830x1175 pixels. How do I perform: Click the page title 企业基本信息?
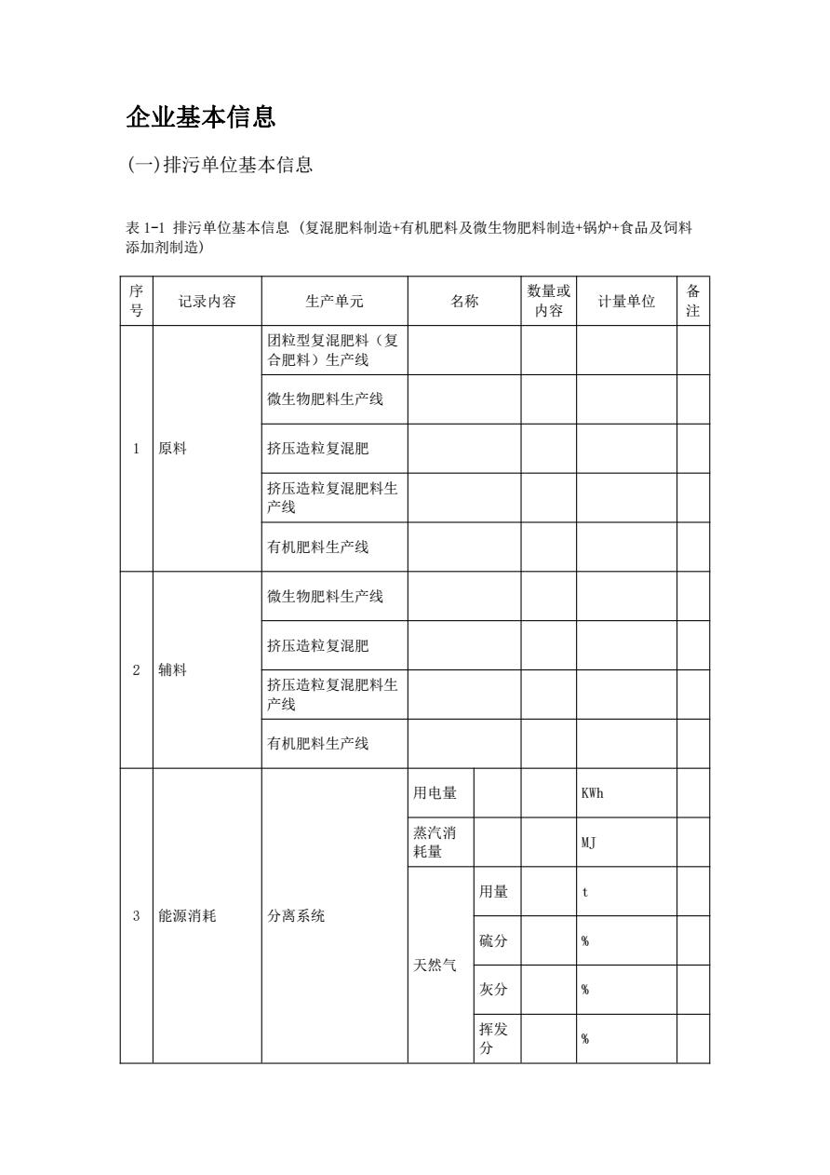tap(201, 117)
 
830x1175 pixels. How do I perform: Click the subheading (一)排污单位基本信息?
tap(220, 165)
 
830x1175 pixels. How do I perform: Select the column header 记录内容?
tap(207, 301)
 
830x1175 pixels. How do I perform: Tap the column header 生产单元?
tap(334, 301)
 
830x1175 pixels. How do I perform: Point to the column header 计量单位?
tap(626, 301)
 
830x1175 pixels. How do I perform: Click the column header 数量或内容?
tap(548, 301)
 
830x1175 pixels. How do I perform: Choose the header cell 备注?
tap(692, 301)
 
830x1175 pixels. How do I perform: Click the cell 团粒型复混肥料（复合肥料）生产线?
tap(332, 350)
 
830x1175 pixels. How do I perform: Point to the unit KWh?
tap(593, 793)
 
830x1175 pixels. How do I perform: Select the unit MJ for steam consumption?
tap(588, 843)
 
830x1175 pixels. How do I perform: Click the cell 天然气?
tap(435, 966)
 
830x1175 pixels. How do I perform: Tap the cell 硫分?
tap(493, 941)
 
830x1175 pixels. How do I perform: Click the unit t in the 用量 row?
tap(584, 892)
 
